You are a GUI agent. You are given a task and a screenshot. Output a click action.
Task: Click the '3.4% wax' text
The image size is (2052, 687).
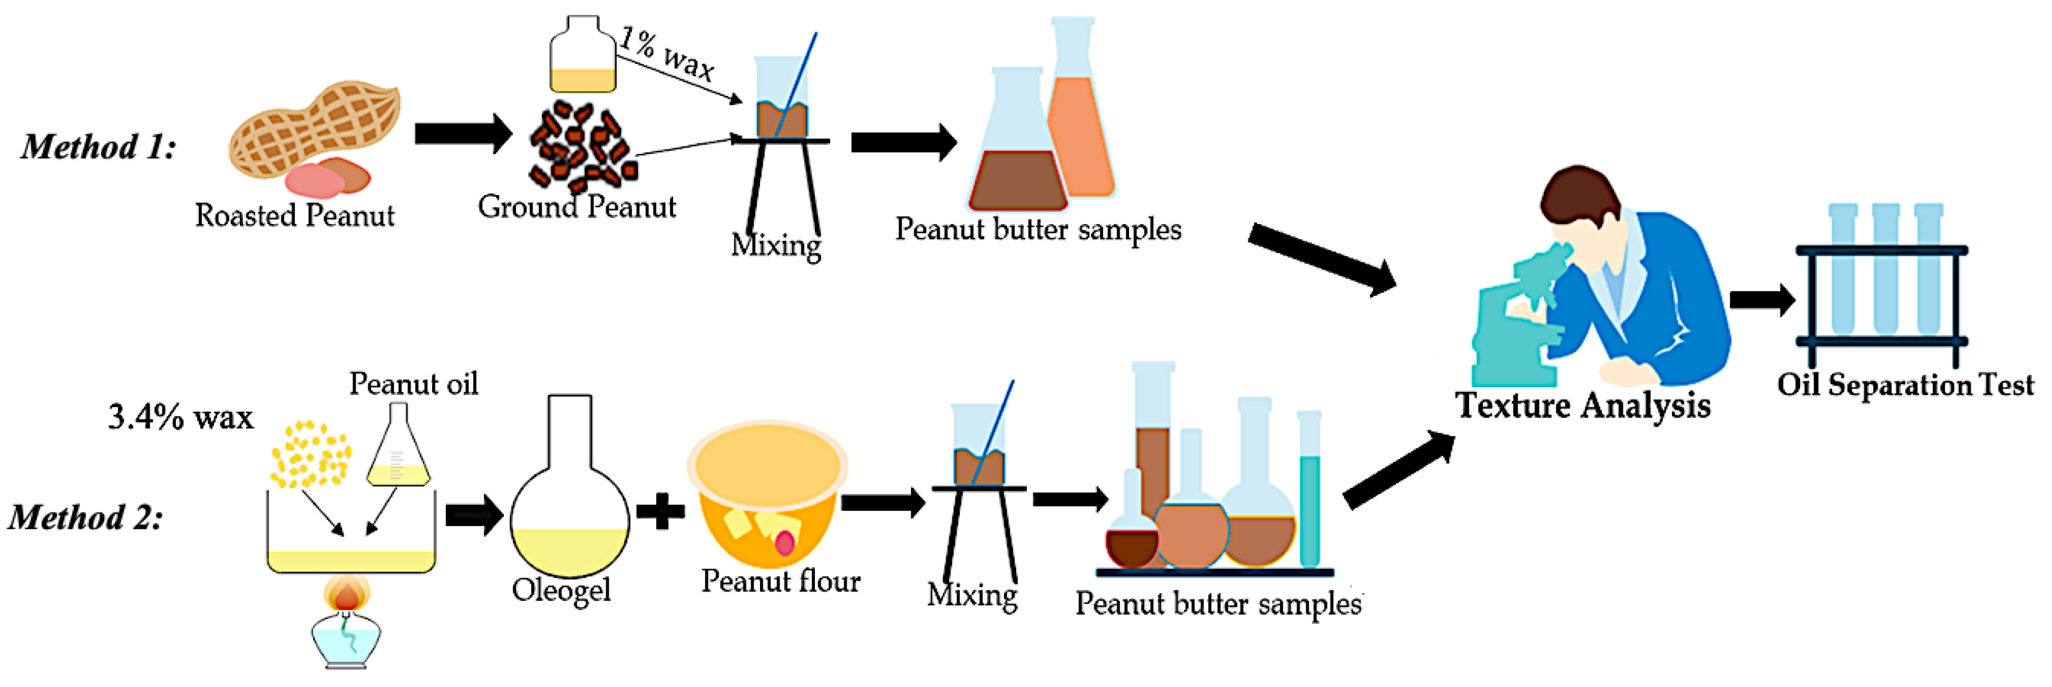[x=180, y=418]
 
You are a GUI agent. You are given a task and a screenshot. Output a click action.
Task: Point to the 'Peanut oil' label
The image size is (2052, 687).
[x=413, y=384]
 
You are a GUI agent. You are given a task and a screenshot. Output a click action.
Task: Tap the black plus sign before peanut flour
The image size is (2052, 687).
[x=660, y=511]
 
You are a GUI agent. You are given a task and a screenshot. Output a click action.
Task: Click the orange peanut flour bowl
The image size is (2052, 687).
[x=767, y=494]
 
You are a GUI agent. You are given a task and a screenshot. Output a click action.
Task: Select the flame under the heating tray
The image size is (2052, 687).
[x=346, y=594]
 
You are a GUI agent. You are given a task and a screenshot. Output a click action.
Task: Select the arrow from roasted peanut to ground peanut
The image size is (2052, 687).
[x=463, y=133]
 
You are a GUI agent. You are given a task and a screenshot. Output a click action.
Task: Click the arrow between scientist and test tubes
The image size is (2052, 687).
[x=1761, y=299]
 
